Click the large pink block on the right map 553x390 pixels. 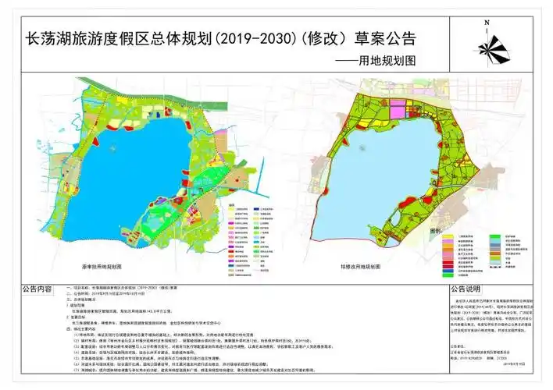[399, 111]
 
